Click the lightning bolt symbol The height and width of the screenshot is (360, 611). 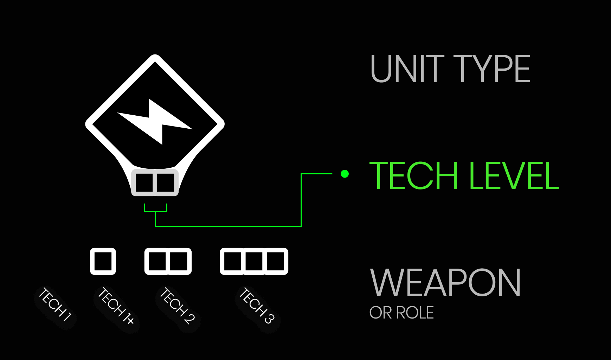pyautogui.click(x=155, y=122)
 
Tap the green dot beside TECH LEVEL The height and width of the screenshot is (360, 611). pyautogui.click(x=345, y=174)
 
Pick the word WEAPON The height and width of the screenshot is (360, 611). pyautogui.click(x=445, y=283)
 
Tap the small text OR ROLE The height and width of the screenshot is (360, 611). pyautogui.click(x=401, y=313)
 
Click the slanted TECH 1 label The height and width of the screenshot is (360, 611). pyautogui.click(x=56, y=304)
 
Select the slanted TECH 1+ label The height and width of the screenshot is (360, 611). pyautogui.click(x=116, y=306)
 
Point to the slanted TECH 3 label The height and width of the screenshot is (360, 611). pyautogui.click(x=257, y=306)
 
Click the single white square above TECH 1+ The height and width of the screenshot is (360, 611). pyautogui.click(x=103, y=261)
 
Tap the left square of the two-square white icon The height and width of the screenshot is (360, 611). pyautogui.click(x=157, y=261)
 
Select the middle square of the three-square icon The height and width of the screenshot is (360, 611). pyautogui.click(x=254, y=261)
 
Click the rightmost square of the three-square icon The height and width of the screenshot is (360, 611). pyautogui.click(x=275, y=261)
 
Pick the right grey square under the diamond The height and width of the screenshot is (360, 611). pyautogui.click(x=166, y=182)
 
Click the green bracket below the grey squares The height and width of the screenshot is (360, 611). pyautogui.click(x=155, y=211)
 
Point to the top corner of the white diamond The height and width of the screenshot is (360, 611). pyautogui.click(x=155, y=57)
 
